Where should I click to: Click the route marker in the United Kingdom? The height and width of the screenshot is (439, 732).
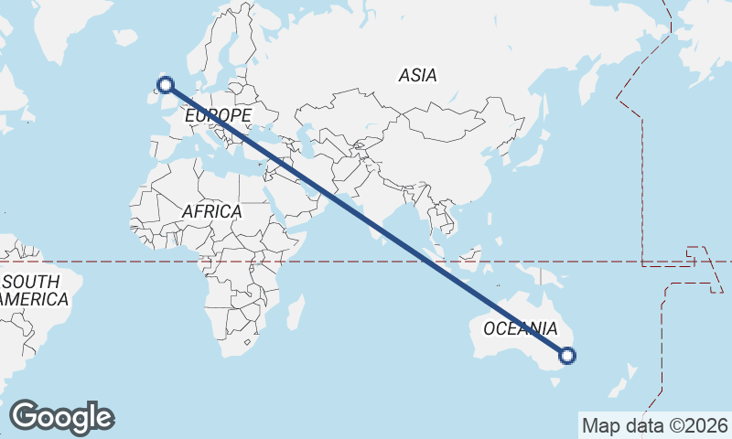coord(166,85)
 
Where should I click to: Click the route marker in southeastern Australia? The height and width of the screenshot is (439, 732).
coord(567,356)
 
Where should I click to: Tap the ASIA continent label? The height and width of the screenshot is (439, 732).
coord(417,76)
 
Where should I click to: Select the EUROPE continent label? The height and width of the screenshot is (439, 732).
coord(218,116)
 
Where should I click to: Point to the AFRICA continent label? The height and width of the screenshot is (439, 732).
coord(211,211)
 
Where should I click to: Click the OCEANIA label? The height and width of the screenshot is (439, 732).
coord(520,328)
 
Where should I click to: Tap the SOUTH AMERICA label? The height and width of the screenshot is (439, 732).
coord(31,290)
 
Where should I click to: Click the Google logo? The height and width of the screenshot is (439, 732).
coord(62,417)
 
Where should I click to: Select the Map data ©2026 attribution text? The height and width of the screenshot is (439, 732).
coord(655,425)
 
